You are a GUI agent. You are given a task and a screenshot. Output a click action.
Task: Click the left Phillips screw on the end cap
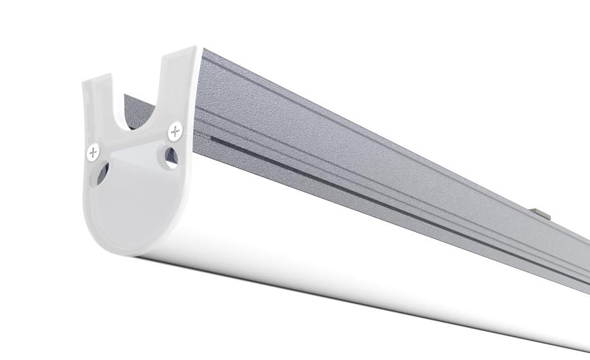click(94, 152)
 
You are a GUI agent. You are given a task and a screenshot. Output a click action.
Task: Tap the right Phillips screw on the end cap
click(175, 132)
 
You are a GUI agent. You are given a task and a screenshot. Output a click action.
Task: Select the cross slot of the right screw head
click(175, 132)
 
